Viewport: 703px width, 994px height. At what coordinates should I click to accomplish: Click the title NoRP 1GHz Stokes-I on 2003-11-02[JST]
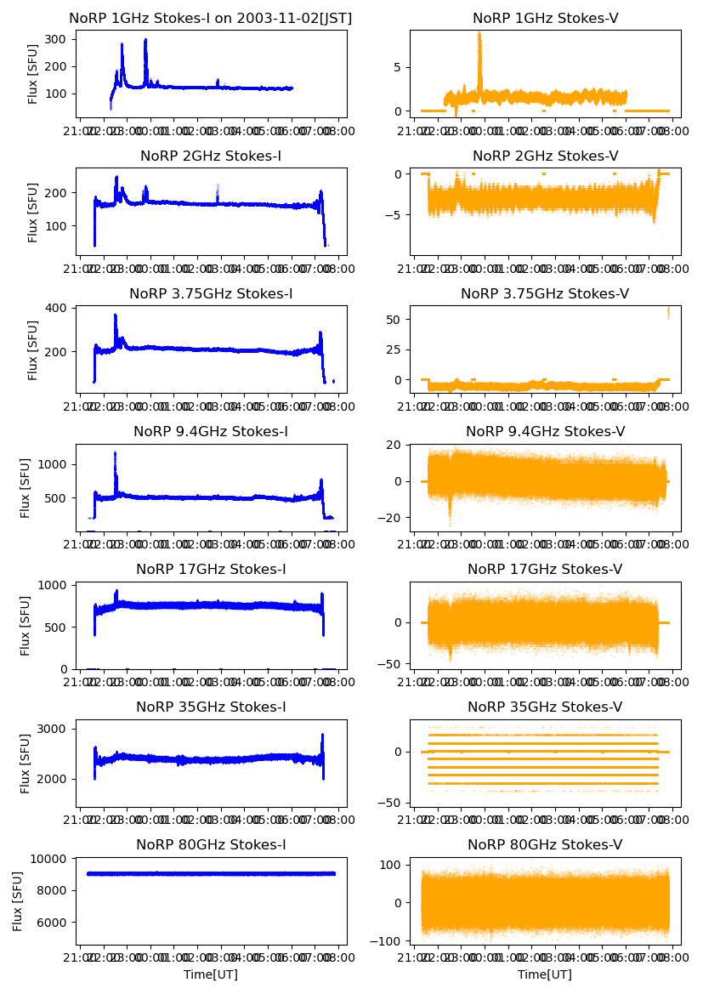point(211,18)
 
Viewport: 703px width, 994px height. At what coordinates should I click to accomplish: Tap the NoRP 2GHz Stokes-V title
point(545,156)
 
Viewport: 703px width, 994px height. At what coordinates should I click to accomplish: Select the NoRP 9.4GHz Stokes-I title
point(211,431)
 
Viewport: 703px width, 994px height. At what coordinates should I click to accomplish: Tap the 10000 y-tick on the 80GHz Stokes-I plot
point(52,859)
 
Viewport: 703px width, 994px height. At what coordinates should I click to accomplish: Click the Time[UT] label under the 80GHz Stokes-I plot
point(211,974)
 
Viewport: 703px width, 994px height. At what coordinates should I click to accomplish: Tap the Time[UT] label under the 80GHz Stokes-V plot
point(545,974)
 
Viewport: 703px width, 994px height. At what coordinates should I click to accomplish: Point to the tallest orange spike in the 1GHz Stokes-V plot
point(479,34)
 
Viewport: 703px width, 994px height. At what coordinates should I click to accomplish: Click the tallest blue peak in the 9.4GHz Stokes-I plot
point(115,454)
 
